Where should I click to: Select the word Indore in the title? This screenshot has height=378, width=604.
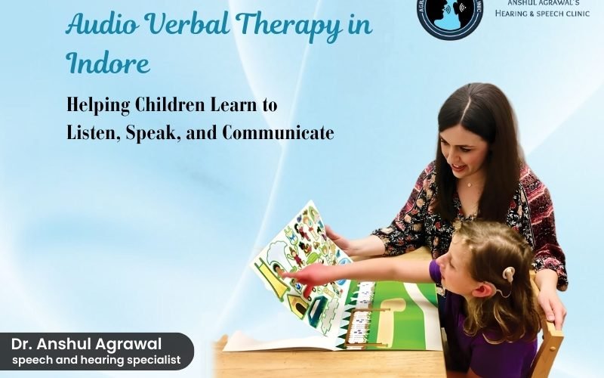(108, 64)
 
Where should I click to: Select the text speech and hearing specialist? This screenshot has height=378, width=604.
(96, 360)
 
